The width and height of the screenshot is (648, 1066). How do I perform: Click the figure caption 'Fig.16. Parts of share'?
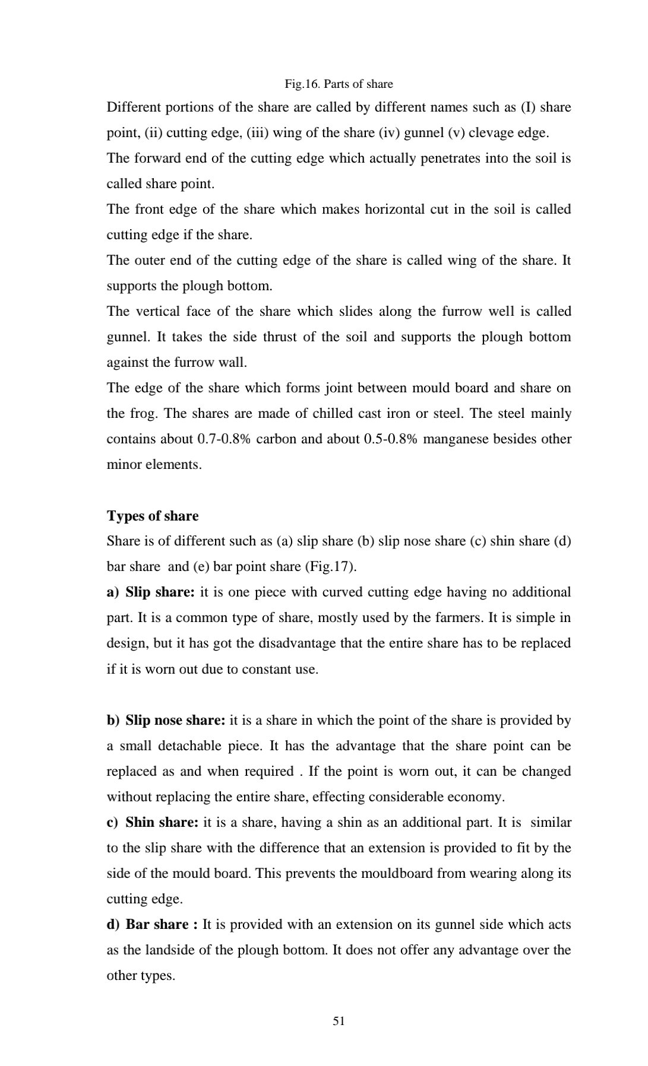point(339,84)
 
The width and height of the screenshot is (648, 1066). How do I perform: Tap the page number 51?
point(339,1020)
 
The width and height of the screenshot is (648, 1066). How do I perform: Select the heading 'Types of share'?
point(153,515)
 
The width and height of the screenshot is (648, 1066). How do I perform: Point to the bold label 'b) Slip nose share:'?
point(166,720)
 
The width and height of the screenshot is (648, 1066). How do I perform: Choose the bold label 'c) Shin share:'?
point(153,822)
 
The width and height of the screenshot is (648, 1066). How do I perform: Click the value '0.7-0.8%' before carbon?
point(223,439)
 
